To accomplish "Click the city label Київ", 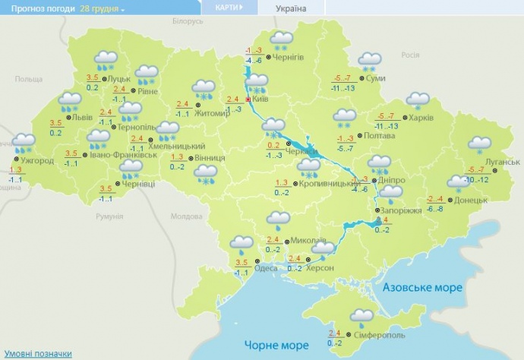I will click(x=259, y=99).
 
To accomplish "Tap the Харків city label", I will click(x=421, y=118).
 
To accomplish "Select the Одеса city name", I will click(x=266, y=267).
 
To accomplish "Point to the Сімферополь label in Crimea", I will click(x=380, y=335).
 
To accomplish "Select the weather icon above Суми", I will click(x=370, y=62).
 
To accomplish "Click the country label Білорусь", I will click(x=188, y=22).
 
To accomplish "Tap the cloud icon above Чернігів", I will click(x=283, y=39).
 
